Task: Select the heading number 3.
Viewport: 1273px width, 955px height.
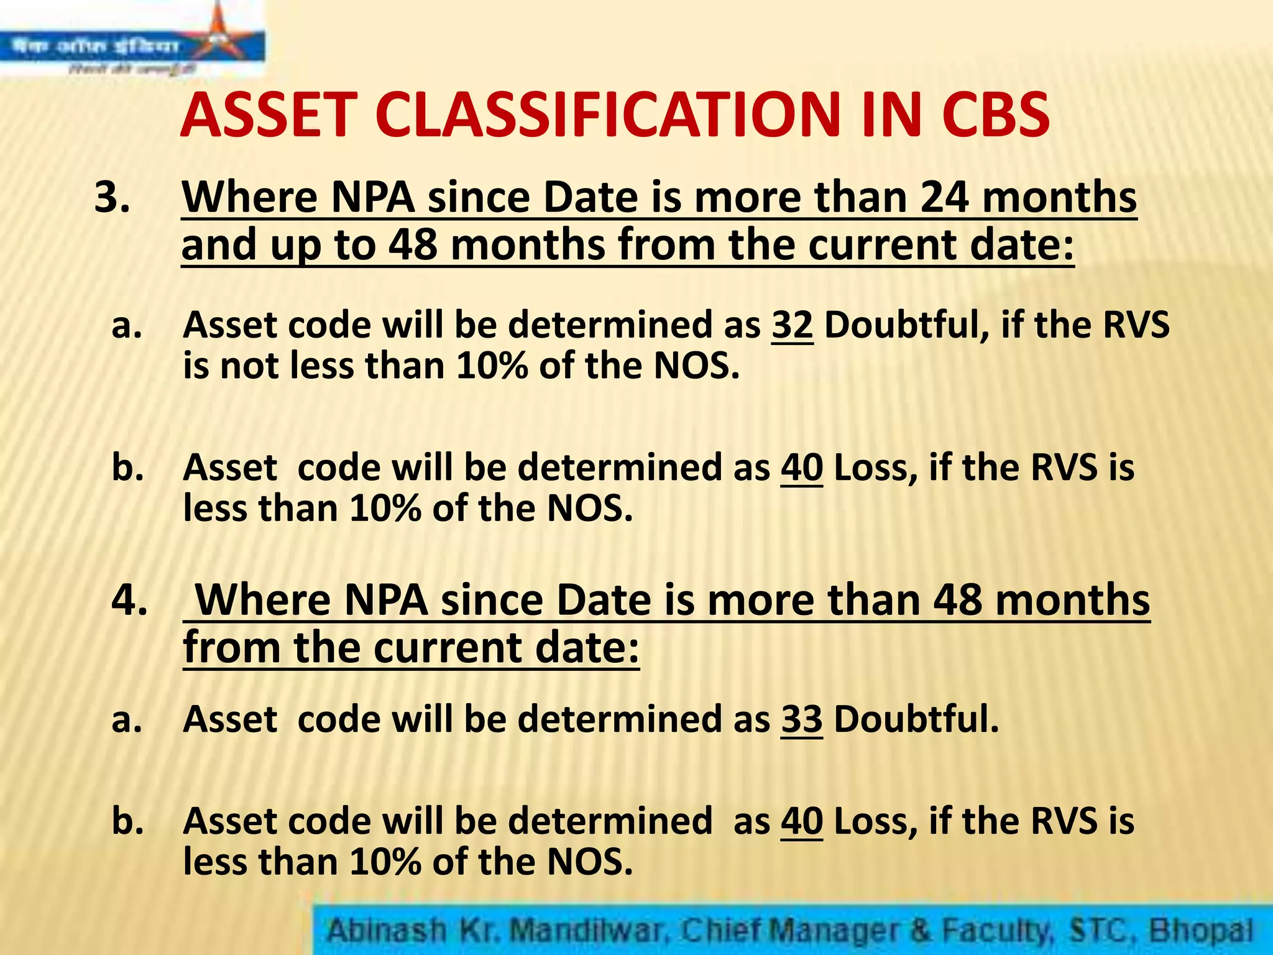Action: coord(112,198)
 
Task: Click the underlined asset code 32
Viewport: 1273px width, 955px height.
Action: coord(792,325)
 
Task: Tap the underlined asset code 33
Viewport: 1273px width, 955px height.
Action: coord(802,719)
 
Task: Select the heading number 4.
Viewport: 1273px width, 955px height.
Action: coord(129,601)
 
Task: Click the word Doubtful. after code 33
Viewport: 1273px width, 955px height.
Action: coord(916,719)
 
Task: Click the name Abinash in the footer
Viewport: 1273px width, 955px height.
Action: coord(387,931)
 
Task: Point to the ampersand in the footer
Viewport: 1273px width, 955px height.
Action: coord(921,931)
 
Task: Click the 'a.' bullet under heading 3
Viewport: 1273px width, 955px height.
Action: coord(127,326)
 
